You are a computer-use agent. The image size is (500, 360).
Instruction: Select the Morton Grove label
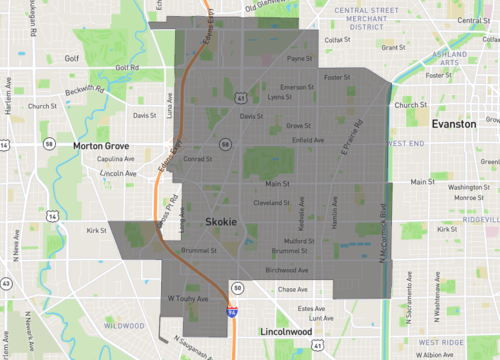point(102,145)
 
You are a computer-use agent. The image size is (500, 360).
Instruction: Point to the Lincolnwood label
point(284,330)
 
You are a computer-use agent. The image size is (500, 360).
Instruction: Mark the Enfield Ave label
point(307,140)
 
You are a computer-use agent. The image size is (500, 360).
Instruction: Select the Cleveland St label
point(272,202)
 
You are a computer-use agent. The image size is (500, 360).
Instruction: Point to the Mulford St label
point(301,241)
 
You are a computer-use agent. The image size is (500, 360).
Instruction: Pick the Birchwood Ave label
point(289,269)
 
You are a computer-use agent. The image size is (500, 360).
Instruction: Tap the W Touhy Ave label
point(187,298)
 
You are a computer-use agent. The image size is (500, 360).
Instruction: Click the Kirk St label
point(96,230)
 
